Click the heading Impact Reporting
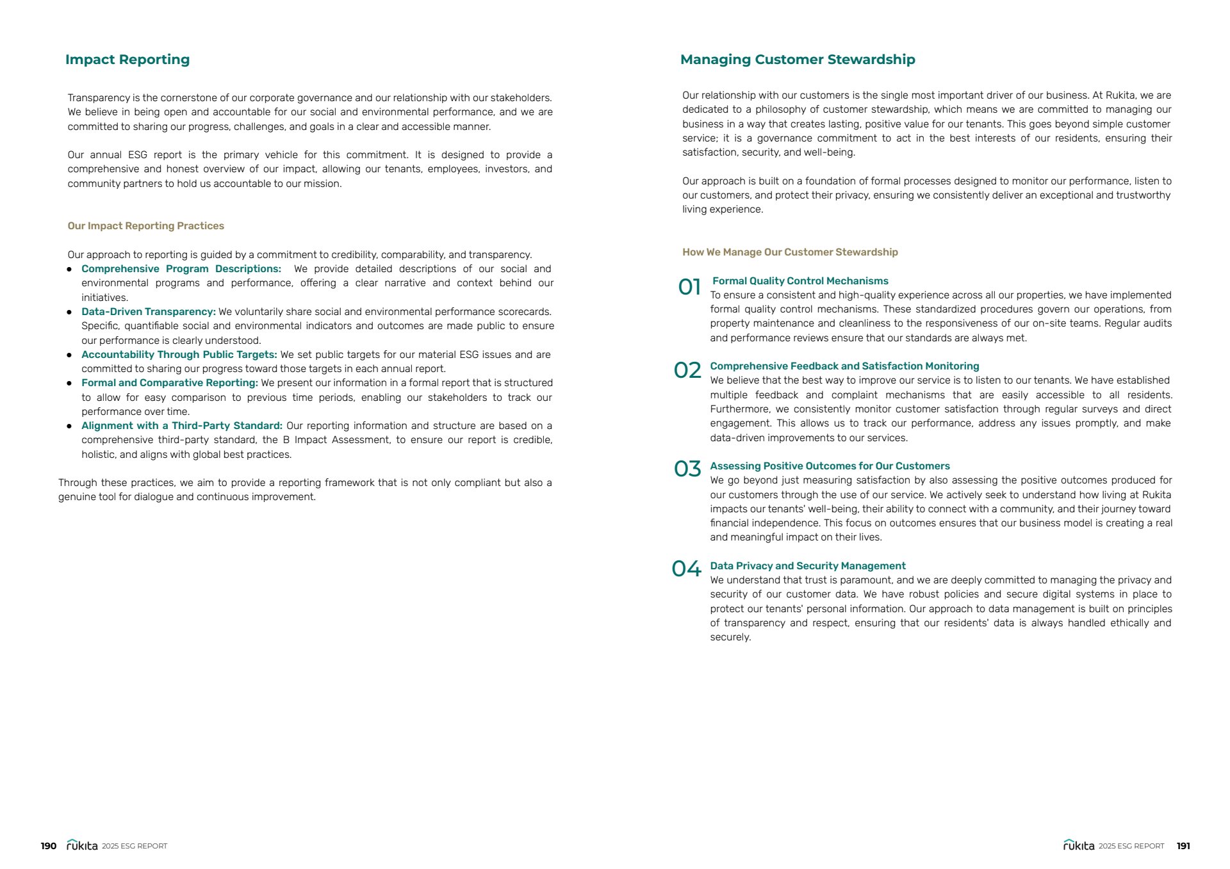pyautogui.click(x=127, y=60)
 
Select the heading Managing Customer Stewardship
pyautogui.click(x=798, y=60)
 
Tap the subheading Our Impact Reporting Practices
pyautogui.click(x=146, y=226)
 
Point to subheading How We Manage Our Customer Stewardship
pyautogui.click(x=790, y=252)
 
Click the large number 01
pyautogui.click(x=689, y=287)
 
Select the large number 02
pyautogui.click(x=687, y=370)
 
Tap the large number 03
pyautogui.click(x=687, y=469)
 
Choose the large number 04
pyautogui.click(x=686, y=569)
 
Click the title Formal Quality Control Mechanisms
pyautogui.click(x=800, y=281)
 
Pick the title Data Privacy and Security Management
pyautogui.click(x=808, y=566)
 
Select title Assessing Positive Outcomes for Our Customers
pyautogui.click(x=830, y=466)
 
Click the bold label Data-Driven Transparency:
pyautogui.click(x=149, y=312)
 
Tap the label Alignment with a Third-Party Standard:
pyautogui.click(x=182, y=426)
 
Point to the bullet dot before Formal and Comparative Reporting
pyautogui.click(x=69, y=384)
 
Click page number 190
pyautogui.click(x=49, y=846)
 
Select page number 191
pyautogui.click(x=1183, y=846)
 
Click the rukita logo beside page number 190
pyautogui.click(x=82, y=845)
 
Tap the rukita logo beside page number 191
pyautogui.click(x=1079, y=845)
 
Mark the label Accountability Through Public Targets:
pyautogui.click(x=179, y=355)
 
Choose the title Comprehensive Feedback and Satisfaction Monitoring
pyautogui.click(x=844, y=366)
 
